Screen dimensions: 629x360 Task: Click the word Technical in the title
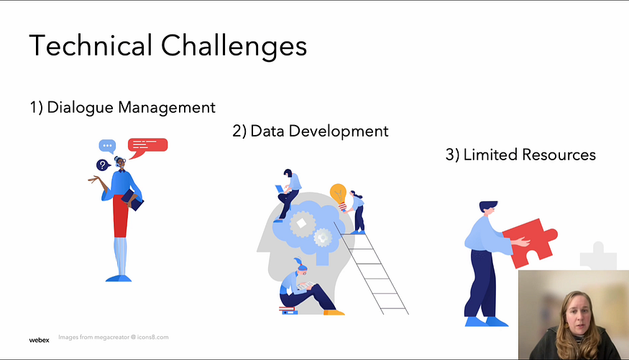tap(91, 45)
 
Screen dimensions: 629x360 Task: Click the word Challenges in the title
tap(234, 47)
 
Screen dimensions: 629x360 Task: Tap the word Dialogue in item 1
tap(80, 108)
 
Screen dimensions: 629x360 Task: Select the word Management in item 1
tap(167, 108)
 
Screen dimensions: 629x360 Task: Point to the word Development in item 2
tap(339, 131)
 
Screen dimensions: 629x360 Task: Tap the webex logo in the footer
tap(40, 340)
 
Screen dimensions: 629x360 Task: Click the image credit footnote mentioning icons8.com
tap(114, 337)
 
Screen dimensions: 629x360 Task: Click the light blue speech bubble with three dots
tap(107, 146)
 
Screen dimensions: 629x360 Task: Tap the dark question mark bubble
tap(103, 165)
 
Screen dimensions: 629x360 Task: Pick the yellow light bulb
tap(339, 195)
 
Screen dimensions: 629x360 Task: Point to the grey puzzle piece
tap(597, 257)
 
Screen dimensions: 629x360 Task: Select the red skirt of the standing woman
tap(120, 216)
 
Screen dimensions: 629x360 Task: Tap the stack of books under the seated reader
tap(288, 310)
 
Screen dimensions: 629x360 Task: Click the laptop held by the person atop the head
tap(280, 189)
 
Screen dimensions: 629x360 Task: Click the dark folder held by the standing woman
tap(133, 200)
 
